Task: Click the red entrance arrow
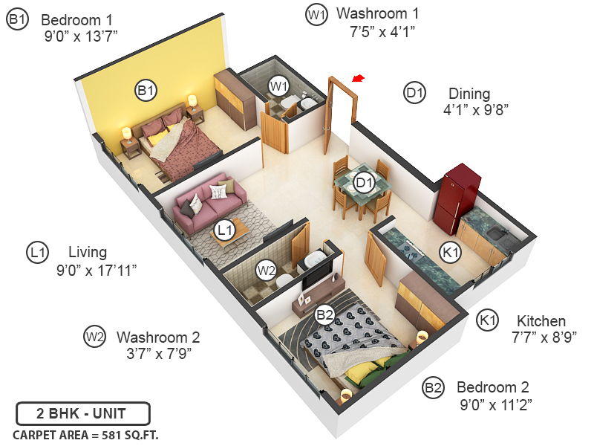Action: (x=359, y=78)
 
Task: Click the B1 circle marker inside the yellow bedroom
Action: (x=146, y=91)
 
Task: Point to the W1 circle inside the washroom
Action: (x=278, y=86)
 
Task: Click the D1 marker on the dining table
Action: (x=364, y=182)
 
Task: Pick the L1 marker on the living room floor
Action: (x=224, y=230)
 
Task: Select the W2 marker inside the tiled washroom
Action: (x=266, y=271)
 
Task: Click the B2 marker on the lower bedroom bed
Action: (x=324, y=314)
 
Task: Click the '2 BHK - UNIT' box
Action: (x=82, y=413)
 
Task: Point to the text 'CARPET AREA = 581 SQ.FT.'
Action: (x=85, y=434)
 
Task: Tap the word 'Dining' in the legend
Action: (x=469, y=94)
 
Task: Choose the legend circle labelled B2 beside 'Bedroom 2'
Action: (x=433, y=387)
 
